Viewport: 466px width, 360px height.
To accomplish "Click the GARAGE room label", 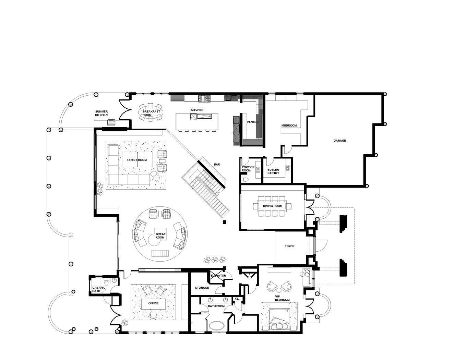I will tap(339, 141).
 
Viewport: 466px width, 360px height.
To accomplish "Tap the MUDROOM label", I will tap(289, 125).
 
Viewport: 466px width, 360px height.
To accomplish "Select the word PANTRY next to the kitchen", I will tap(252, 122).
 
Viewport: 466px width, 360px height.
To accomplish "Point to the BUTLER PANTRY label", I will tap(273, 171).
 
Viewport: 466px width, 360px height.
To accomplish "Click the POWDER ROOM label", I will tap(248, 169).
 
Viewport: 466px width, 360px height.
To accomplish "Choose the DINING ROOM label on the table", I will tap(273, 206).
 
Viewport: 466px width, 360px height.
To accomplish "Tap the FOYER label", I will tap(289, 246).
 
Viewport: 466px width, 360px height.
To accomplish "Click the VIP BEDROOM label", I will tap(282, 298).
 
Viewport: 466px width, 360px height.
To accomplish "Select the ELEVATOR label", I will tap(218, 276).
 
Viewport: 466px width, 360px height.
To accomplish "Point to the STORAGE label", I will tap(202, 288).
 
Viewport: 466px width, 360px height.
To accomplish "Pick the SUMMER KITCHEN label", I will tap(101, 113).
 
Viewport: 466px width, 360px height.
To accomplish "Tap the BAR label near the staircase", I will tap(217, 165).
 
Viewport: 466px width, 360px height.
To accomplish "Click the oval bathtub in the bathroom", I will tap(216, 325).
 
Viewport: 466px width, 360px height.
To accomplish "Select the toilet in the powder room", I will tap(245, 180).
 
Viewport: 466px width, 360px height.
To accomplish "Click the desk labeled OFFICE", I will tap(153, 303).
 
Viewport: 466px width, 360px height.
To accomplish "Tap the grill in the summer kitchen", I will tap(111, 122).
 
